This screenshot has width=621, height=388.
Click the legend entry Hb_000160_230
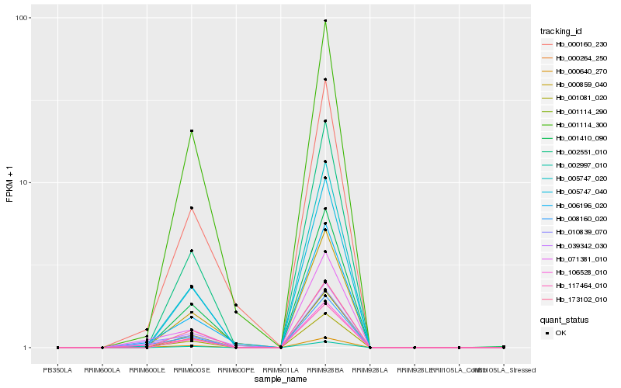(x=576, y=44)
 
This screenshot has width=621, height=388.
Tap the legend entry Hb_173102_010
(x=576, y=300)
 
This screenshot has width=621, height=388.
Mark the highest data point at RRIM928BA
(x=325, y=21)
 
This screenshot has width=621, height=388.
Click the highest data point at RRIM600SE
(x=192, y=130)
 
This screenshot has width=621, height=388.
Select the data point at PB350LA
(x=58, y=348)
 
